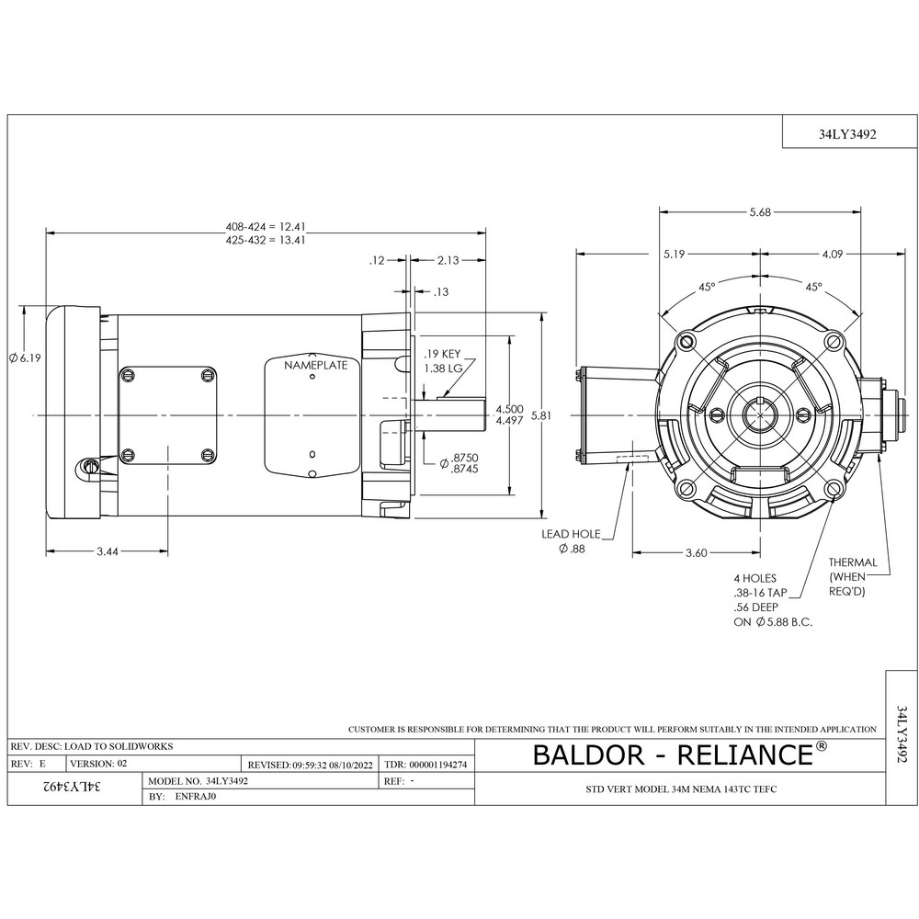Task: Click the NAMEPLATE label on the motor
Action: (315, 366)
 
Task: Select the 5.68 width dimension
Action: (760, 212)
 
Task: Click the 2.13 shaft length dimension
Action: (449, 260)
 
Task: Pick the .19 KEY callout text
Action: (442, 353)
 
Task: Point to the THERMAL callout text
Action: (853, 562)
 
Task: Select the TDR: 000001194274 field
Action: (431, 764)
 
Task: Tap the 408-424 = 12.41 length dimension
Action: (266, 226)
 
